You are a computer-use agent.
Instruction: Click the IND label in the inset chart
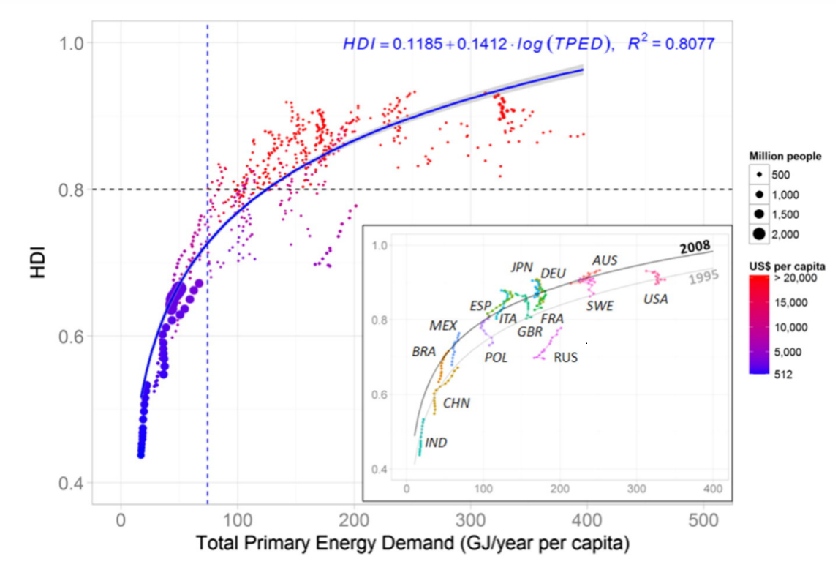pos(436,443)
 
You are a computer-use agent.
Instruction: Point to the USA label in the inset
pos(655,298)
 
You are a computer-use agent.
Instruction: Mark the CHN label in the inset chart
pos(456,403)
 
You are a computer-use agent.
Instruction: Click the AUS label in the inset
pos(605,260)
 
